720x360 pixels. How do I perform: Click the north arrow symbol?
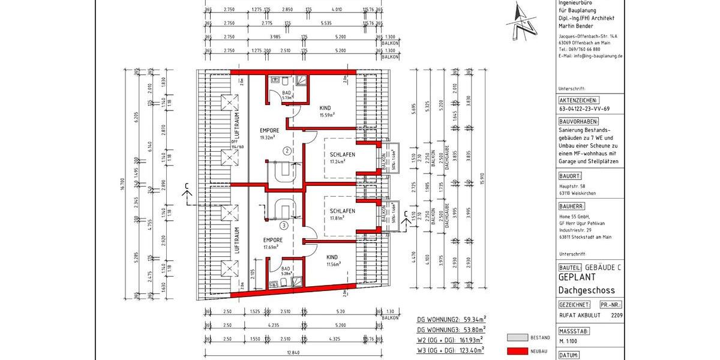(521, 23)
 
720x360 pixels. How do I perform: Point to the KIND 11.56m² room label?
(331, 260)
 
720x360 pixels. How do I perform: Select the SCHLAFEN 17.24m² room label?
(342, 158)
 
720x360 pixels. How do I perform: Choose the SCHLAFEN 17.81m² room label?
(342, 215)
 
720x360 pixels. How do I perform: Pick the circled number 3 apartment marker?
(283, 226)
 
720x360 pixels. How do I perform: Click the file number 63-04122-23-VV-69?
(584, 109)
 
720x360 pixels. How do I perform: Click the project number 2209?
(616, 314)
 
